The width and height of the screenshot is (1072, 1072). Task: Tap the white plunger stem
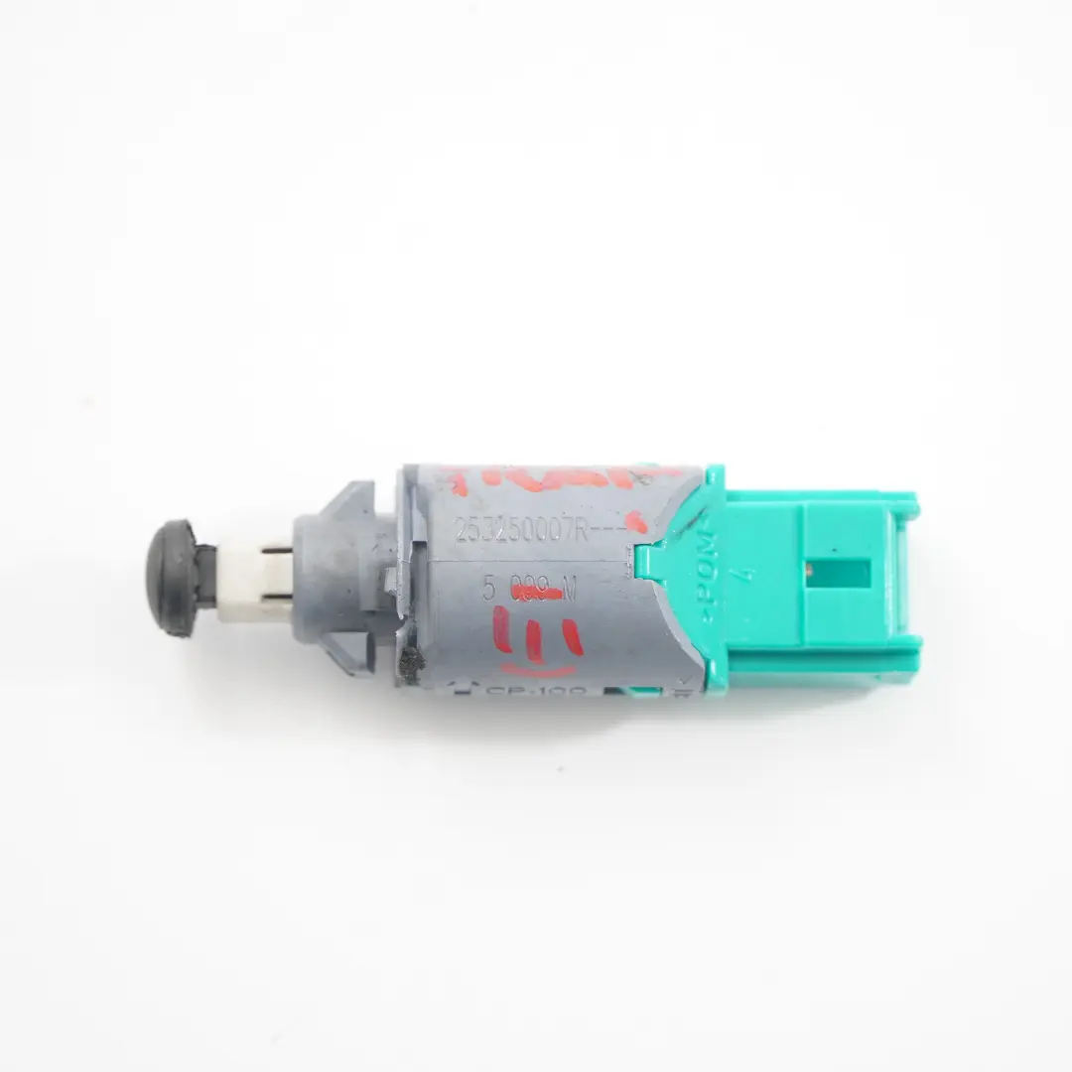[x=242, y=585]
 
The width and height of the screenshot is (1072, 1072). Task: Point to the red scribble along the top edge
[x=556, y=482]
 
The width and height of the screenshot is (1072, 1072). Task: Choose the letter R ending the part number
[x=584, y=534]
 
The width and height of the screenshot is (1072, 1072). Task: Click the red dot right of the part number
[x=640, y=526]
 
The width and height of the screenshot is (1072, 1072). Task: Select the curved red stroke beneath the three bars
[x=541, y=669]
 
